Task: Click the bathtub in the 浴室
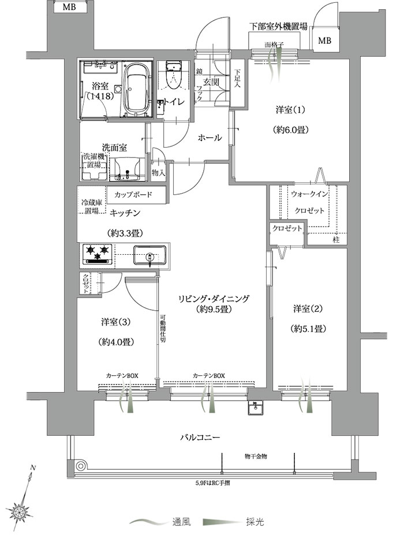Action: pyautogui.click(x=136, y=89)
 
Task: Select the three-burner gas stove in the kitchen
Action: pyautogui.click(x=98, y=255)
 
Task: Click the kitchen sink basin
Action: pyautogui.click(x=149, y=255)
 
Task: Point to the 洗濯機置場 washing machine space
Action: pyautogui.click(x=93, y=167)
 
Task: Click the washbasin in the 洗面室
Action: pyautogui.click(x=127, y=169)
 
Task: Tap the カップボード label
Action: pyautogui.click(x=133, y=195)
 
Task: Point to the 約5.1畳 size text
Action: pyautogui.click(x=308, y=329)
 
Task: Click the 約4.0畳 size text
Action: pyautogui.click(x=115, y=341)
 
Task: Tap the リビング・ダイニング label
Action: pyautogui.click(x=214, y=299)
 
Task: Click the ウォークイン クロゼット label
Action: pyautogui.click(x=309, y=202)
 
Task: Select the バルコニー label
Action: pyautogui.click(x=200, y=437)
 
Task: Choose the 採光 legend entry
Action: pyautogui.click(x=234, y=522)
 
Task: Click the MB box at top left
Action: pyautogui.click(x=69, y=7)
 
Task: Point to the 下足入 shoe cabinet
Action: pyautogui.click(x=237, y=83)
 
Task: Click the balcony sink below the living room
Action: pyautogui.click(x=255, y=407)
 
